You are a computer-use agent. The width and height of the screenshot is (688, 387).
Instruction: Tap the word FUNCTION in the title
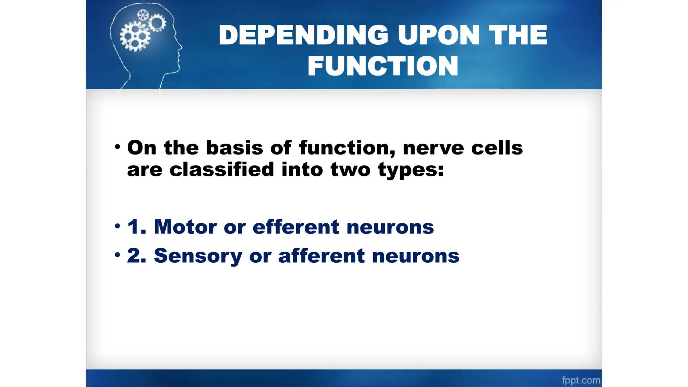tap(383, 66)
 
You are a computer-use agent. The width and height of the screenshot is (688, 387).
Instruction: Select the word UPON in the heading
tap(439, 35)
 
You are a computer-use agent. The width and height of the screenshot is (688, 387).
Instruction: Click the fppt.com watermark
tap(581, 380)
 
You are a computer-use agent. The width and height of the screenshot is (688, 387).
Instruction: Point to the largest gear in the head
tap(135, 36)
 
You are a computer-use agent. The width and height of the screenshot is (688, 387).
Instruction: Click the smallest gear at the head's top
tap(143, 15)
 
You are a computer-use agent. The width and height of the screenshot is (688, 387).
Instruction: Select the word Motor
tap(185, 227)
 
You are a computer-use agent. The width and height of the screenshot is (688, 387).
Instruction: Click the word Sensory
tap(198, 256)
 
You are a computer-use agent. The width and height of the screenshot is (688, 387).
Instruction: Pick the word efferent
tap(296, 227)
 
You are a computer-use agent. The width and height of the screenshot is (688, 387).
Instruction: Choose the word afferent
tap(321, 256)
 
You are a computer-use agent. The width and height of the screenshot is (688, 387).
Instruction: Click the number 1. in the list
tap(137, 227)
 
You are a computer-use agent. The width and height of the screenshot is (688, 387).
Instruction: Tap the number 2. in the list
tap(137, 256)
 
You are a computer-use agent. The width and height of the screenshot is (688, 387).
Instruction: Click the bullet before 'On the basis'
tap(117, 147)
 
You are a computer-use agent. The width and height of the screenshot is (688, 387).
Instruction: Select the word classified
tap(222, 169)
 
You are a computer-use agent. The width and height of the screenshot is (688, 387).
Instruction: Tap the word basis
tap(234, 148)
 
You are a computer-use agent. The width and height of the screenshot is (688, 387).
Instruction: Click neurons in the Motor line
tap(390, 227)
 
